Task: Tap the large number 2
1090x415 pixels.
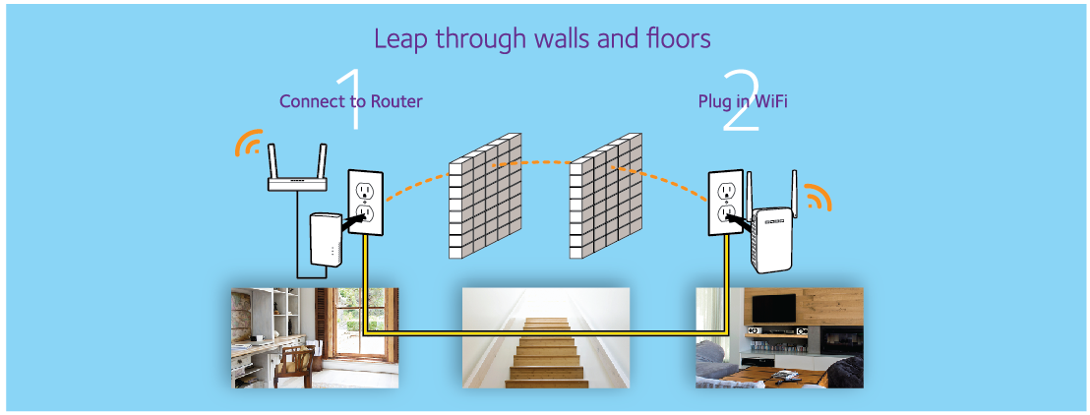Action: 740,100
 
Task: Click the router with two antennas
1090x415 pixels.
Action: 298,177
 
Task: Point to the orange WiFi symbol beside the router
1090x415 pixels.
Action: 249,145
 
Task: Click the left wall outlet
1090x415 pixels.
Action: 365,201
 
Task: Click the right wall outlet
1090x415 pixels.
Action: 726,201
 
